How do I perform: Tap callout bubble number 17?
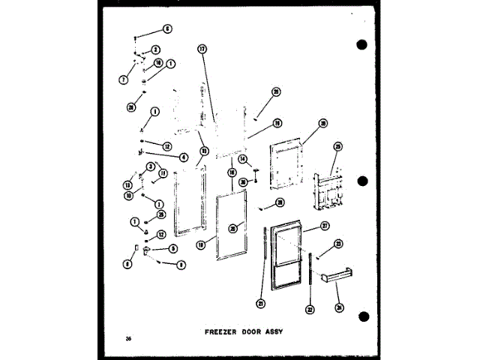click(201, 49)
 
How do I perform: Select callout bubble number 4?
click(182, 157)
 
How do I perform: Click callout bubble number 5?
click(172, 248)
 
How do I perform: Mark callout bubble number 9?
click(181, 264)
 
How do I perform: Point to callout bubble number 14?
click(242, 159)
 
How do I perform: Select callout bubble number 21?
click(261, 303)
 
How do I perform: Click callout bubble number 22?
click(309, 309)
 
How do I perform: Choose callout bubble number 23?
click(338, 244)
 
